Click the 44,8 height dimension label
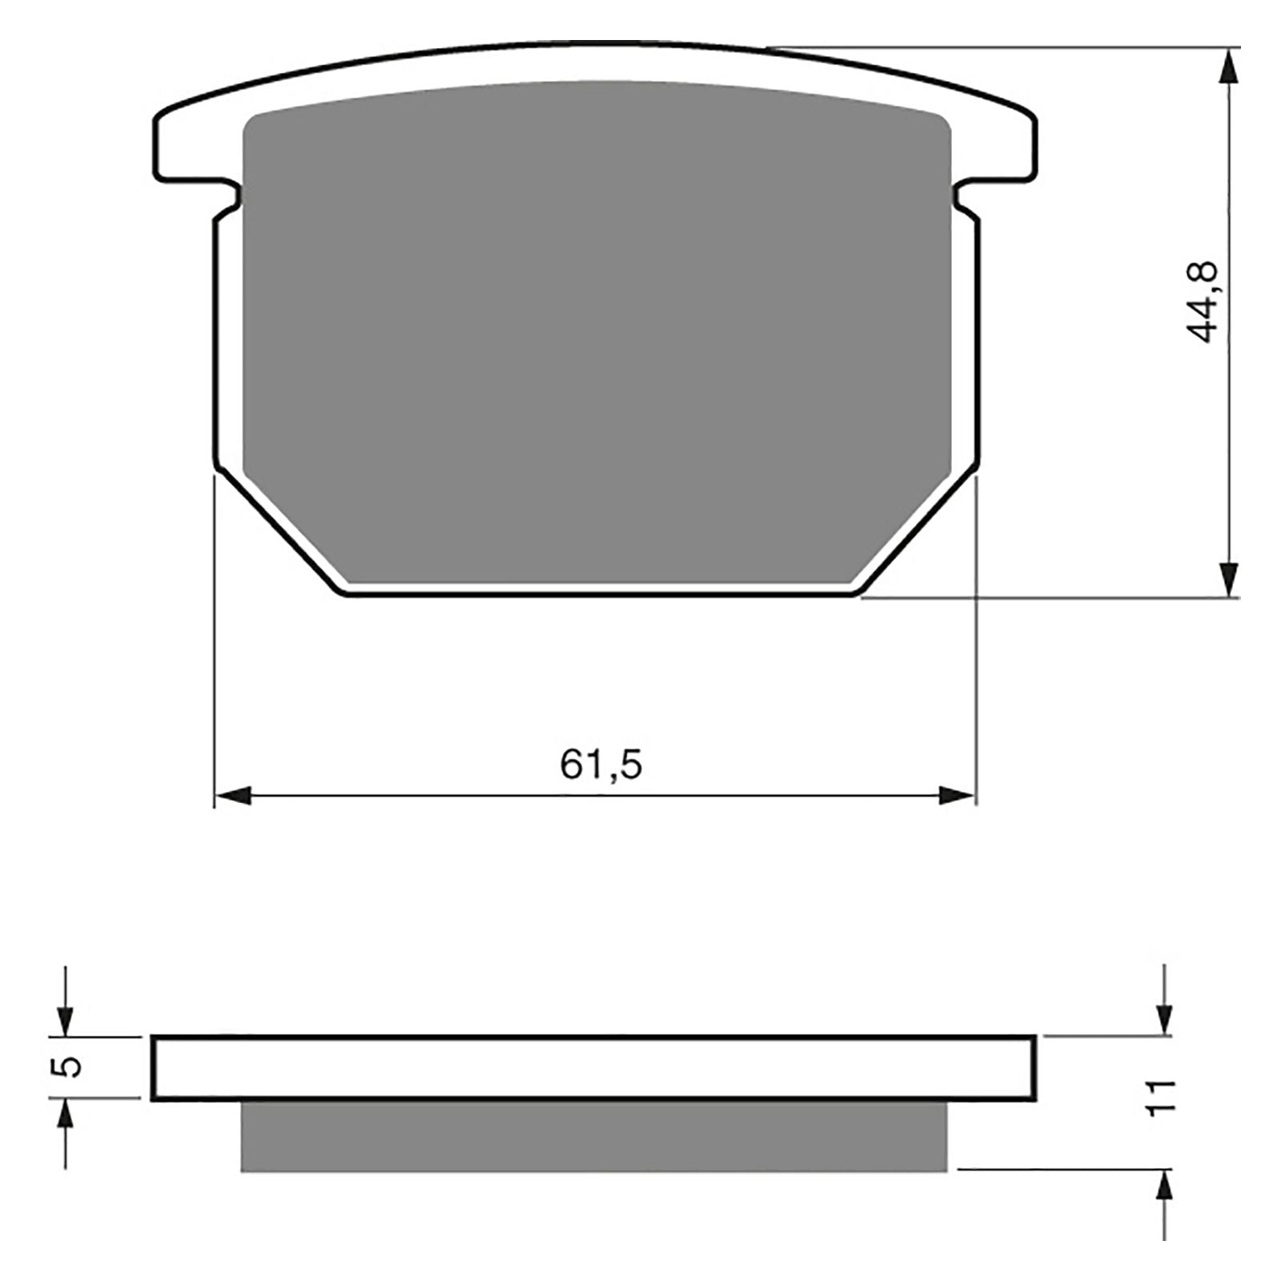(x=1203, y=302)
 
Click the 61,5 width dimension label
(x=600, y=765)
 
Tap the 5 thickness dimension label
(x=71, y=1066)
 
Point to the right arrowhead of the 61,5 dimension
(x=958, y=796)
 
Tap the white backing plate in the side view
(x=592, y=1067)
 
